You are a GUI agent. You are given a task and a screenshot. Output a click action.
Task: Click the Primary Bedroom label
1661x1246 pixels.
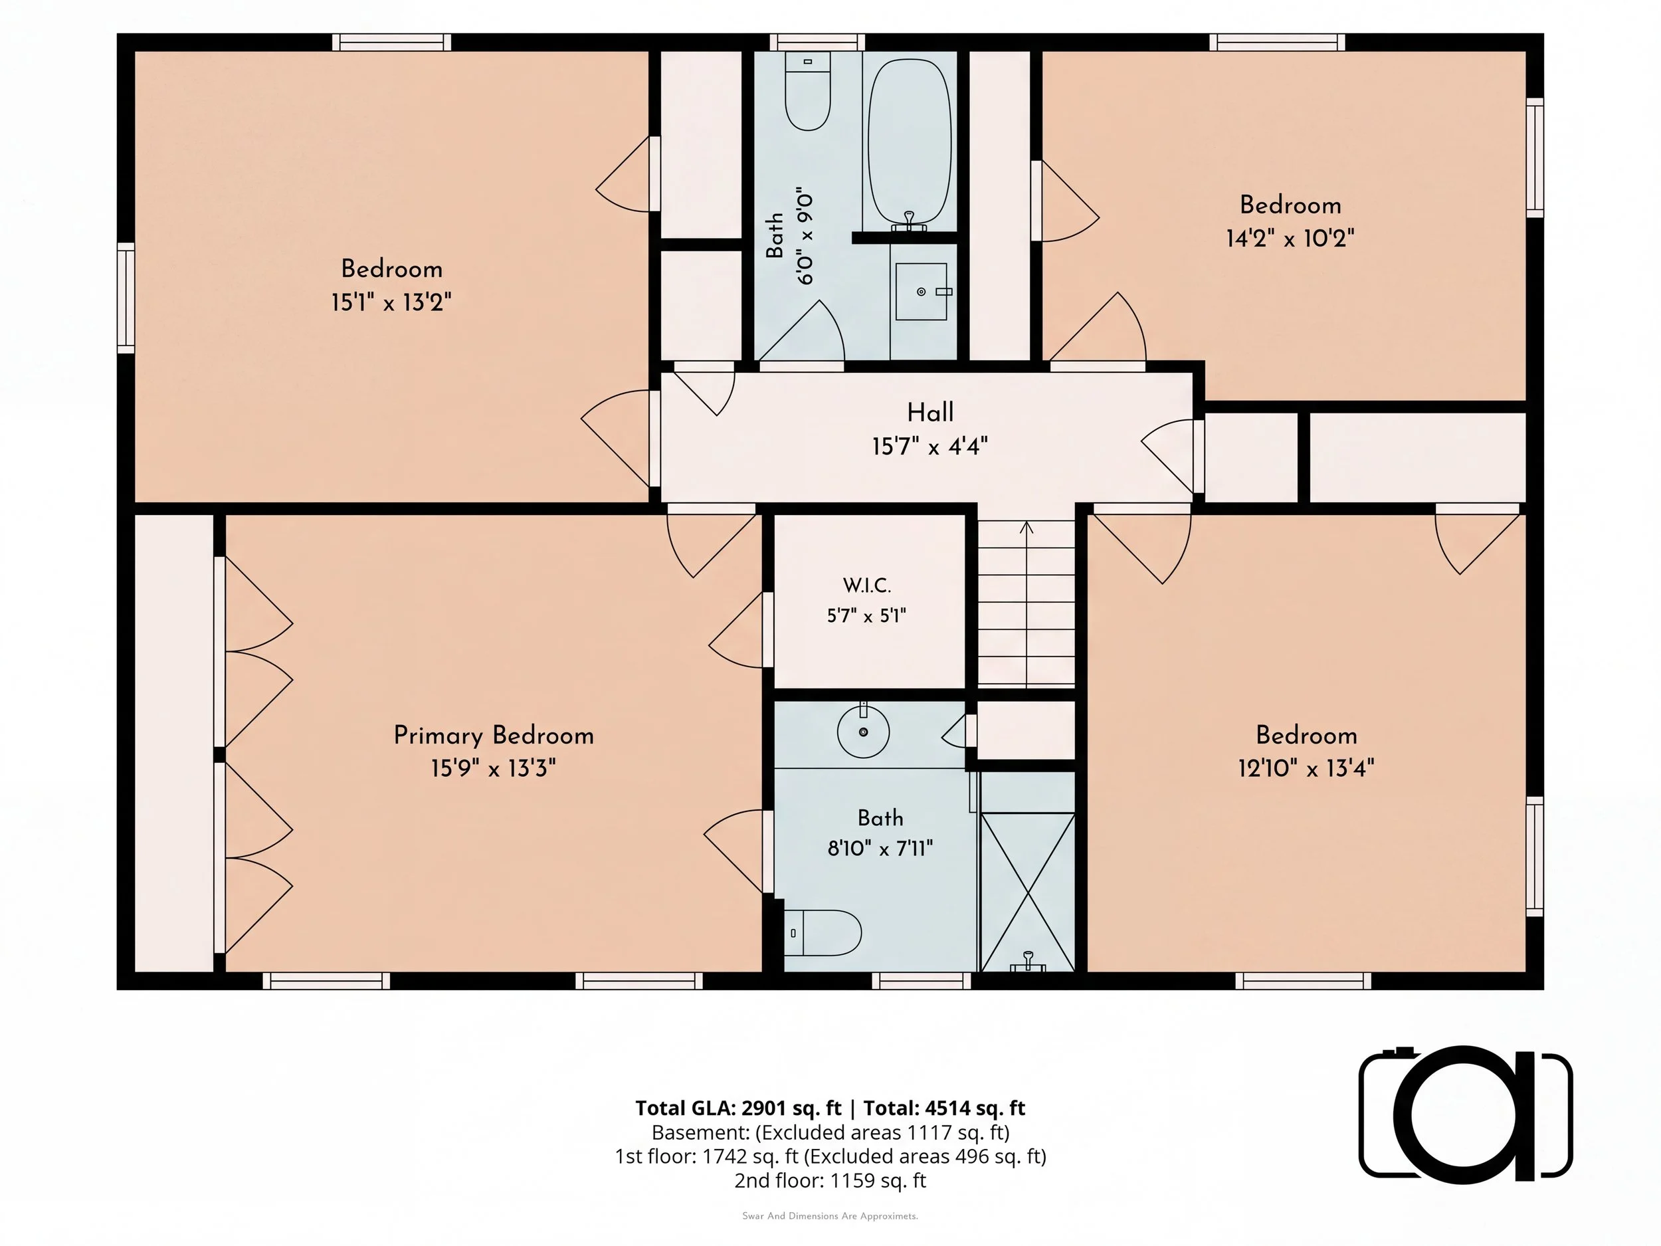494,735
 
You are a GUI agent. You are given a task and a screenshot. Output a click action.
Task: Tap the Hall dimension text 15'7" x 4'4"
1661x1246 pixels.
929,447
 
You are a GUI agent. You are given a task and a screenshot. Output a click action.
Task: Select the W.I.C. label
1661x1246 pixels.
866,585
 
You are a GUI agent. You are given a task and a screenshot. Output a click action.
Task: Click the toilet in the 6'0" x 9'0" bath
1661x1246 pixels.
808,91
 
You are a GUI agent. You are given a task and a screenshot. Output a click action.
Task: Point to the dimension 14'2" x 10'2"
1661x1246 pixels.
1290,239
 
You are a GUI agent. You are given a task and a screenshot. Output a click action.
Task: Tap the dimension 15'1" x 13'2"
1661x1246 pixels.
391,302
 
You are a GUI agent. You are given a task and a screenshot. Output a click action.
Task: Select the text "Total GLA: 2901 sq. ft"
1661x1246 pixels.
739,1108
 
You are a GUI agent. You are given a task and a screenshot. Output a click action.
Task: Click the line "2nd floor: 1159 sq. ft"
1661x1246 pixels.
830,1180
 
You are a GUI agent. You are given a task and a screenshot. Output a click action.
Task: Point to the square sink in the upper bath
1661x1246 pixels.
922,292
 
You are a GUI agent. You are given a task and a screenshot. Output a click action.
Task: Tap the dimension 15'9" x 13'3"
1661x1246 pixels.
494,768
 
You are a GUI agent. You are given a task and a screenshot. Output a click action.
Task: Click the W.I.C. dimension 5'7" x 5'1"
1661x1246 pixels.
866,616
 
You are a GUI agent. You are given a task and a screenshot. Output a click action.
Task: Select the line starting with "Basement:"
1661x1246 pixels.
830,1132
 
